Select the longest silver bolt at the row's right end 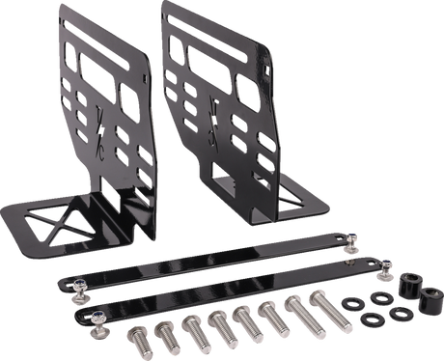point(320,319)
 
